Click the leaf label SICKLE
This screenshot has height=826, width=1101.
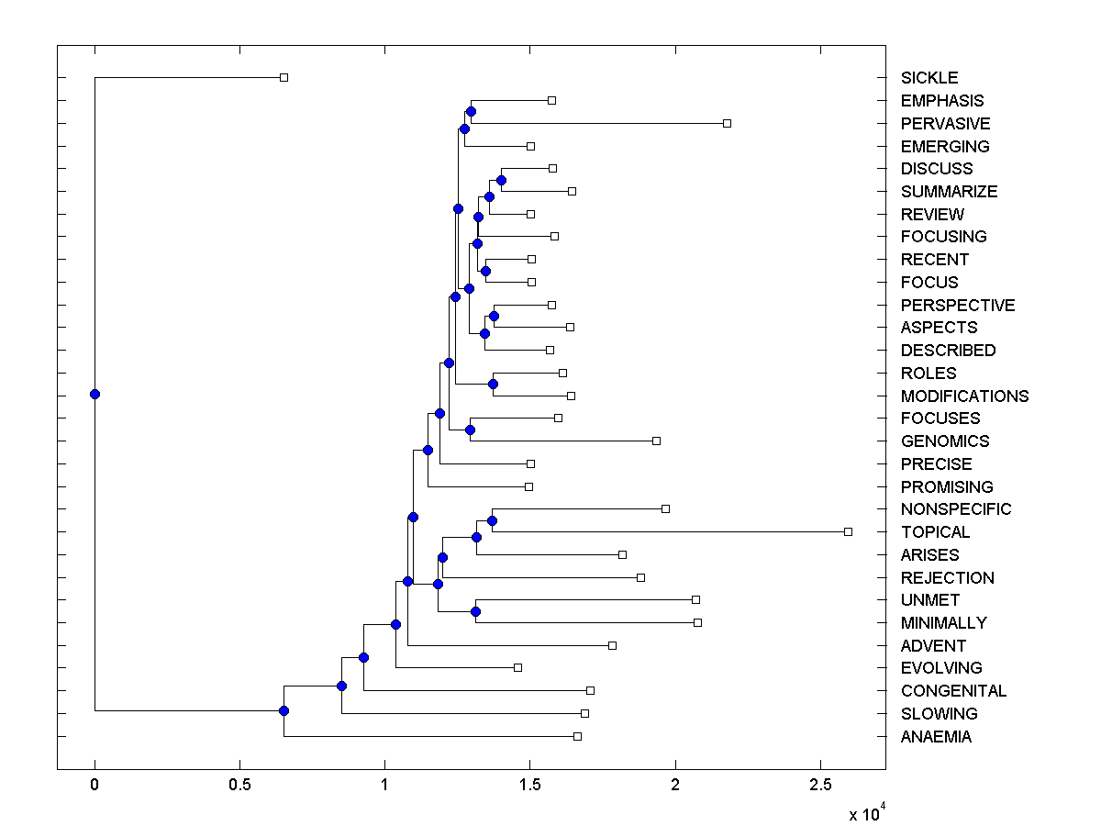(929, 78)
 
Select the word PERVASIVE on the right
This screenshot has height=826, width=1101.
(945, 124)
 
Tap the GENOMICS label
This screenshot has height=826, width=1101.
(944, 441)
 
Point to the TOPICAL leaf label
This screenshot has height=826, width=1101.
(935, 532)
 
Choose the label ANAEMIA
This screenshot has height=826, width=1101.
(936, 737)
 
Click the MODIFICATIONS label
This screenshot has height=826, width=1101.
(964, 396)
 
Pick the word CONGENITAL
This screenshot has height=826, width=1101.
(953, 691)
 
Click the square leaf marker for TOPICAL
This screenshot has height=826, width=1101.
(848, 531)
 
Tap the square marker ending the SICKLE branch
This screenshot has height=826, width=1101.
(284, 77)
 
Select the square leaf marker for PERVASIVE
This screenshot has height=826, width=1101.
(727, 123)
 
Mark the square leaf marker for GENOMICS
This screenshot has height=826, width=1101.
(656, 441)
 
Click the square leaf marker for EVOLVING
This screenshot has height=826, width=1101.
(517, 667)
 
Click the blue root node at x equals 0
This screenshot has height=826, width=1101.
(95, 394)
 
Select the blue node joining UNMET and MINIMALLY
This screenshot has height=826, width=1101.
(475, 611)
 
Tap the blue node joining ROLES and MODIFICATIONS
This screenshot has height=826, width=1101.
(493, 384)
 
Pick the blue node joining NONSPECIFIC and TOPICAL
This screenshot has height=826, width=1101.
(492, 520)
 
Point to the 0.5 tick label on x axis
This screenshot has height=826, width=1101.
(239, 787)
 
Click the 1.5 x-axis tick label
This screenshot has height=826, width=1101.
(529, 787)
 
